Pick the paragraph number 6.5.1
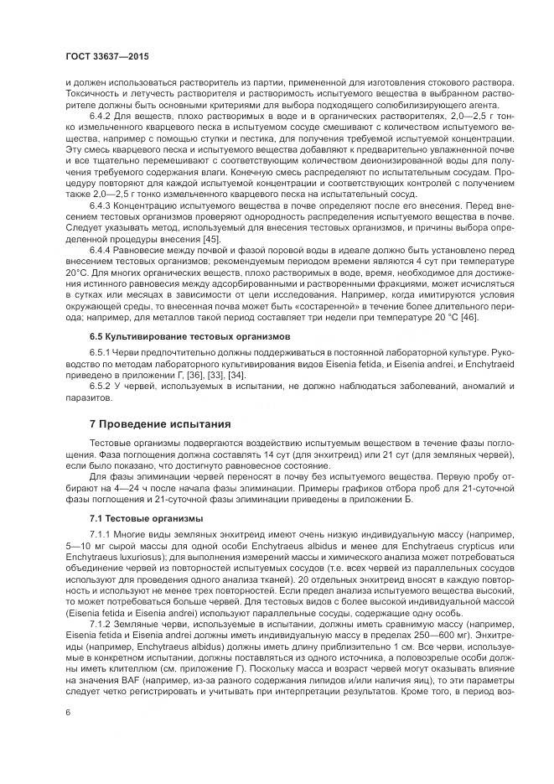[102, 355]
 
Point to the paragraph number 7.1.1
[102, 533]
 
